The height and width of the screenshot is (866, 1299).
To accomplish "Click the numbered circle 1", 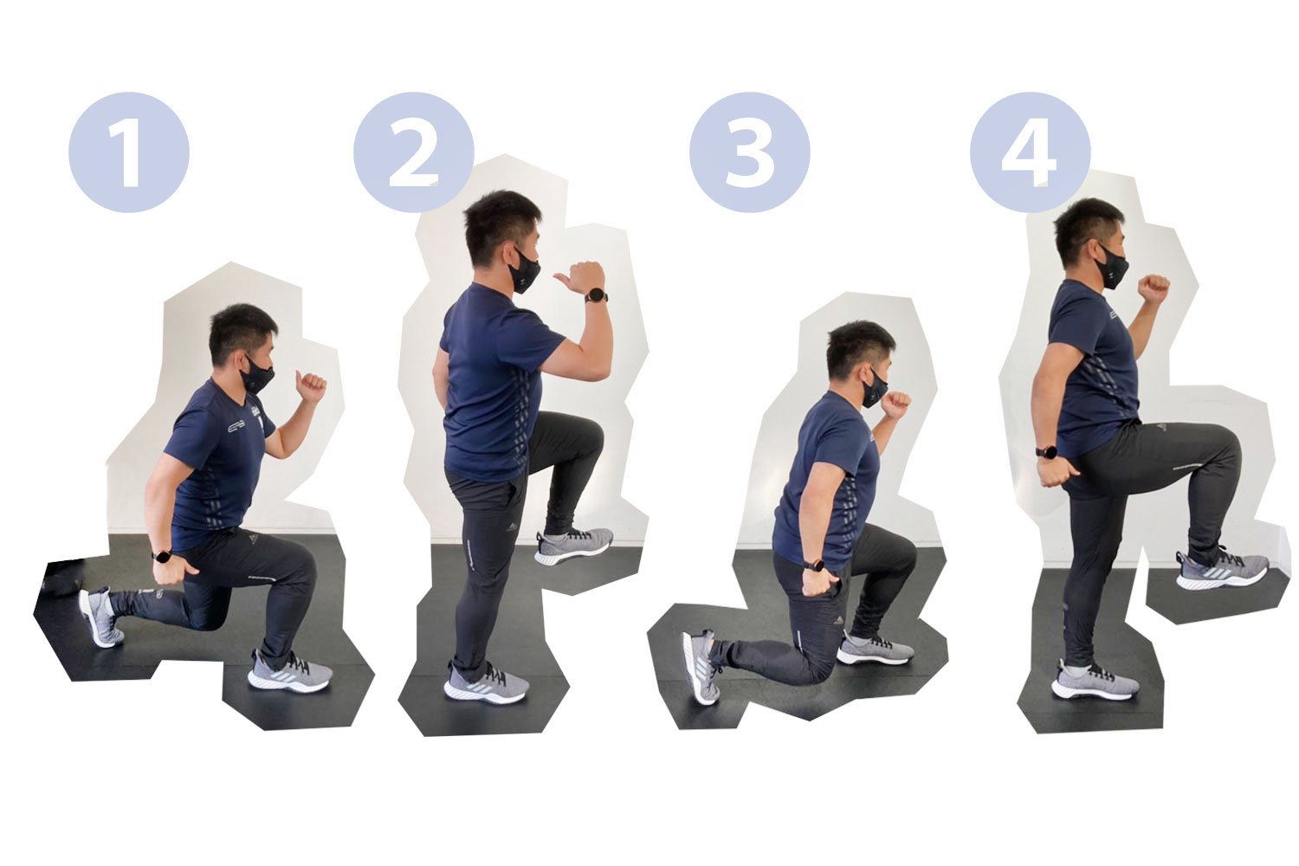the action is (129, 152).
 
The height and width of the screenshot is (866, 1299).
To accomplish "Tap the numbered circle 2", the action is (413, 152).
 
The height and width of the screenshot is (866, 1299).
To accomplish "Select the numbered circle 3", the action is (750, 152).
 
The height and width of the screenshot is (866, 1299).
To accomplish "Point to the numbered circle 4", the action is (1031, 152).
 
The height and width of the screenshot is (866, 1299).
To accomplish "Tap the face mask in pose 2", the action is (524, 270).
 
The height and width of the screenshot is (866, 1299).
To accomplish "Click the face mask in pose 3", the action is (873, 386).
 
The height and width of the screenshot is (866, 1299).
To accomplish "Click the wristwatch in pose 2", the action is (596, 296).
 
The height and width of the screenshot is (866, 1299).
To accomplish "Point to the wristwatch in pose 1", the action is (160, 554).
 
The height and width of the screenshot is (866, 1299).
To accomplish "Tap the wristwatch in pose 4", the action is (1045, 452).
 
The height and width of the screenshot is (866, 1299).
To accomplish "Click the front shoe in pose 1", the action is (290, 671).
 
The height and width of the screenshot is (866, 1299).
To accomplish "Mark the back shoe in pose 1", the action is (101, 617).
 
